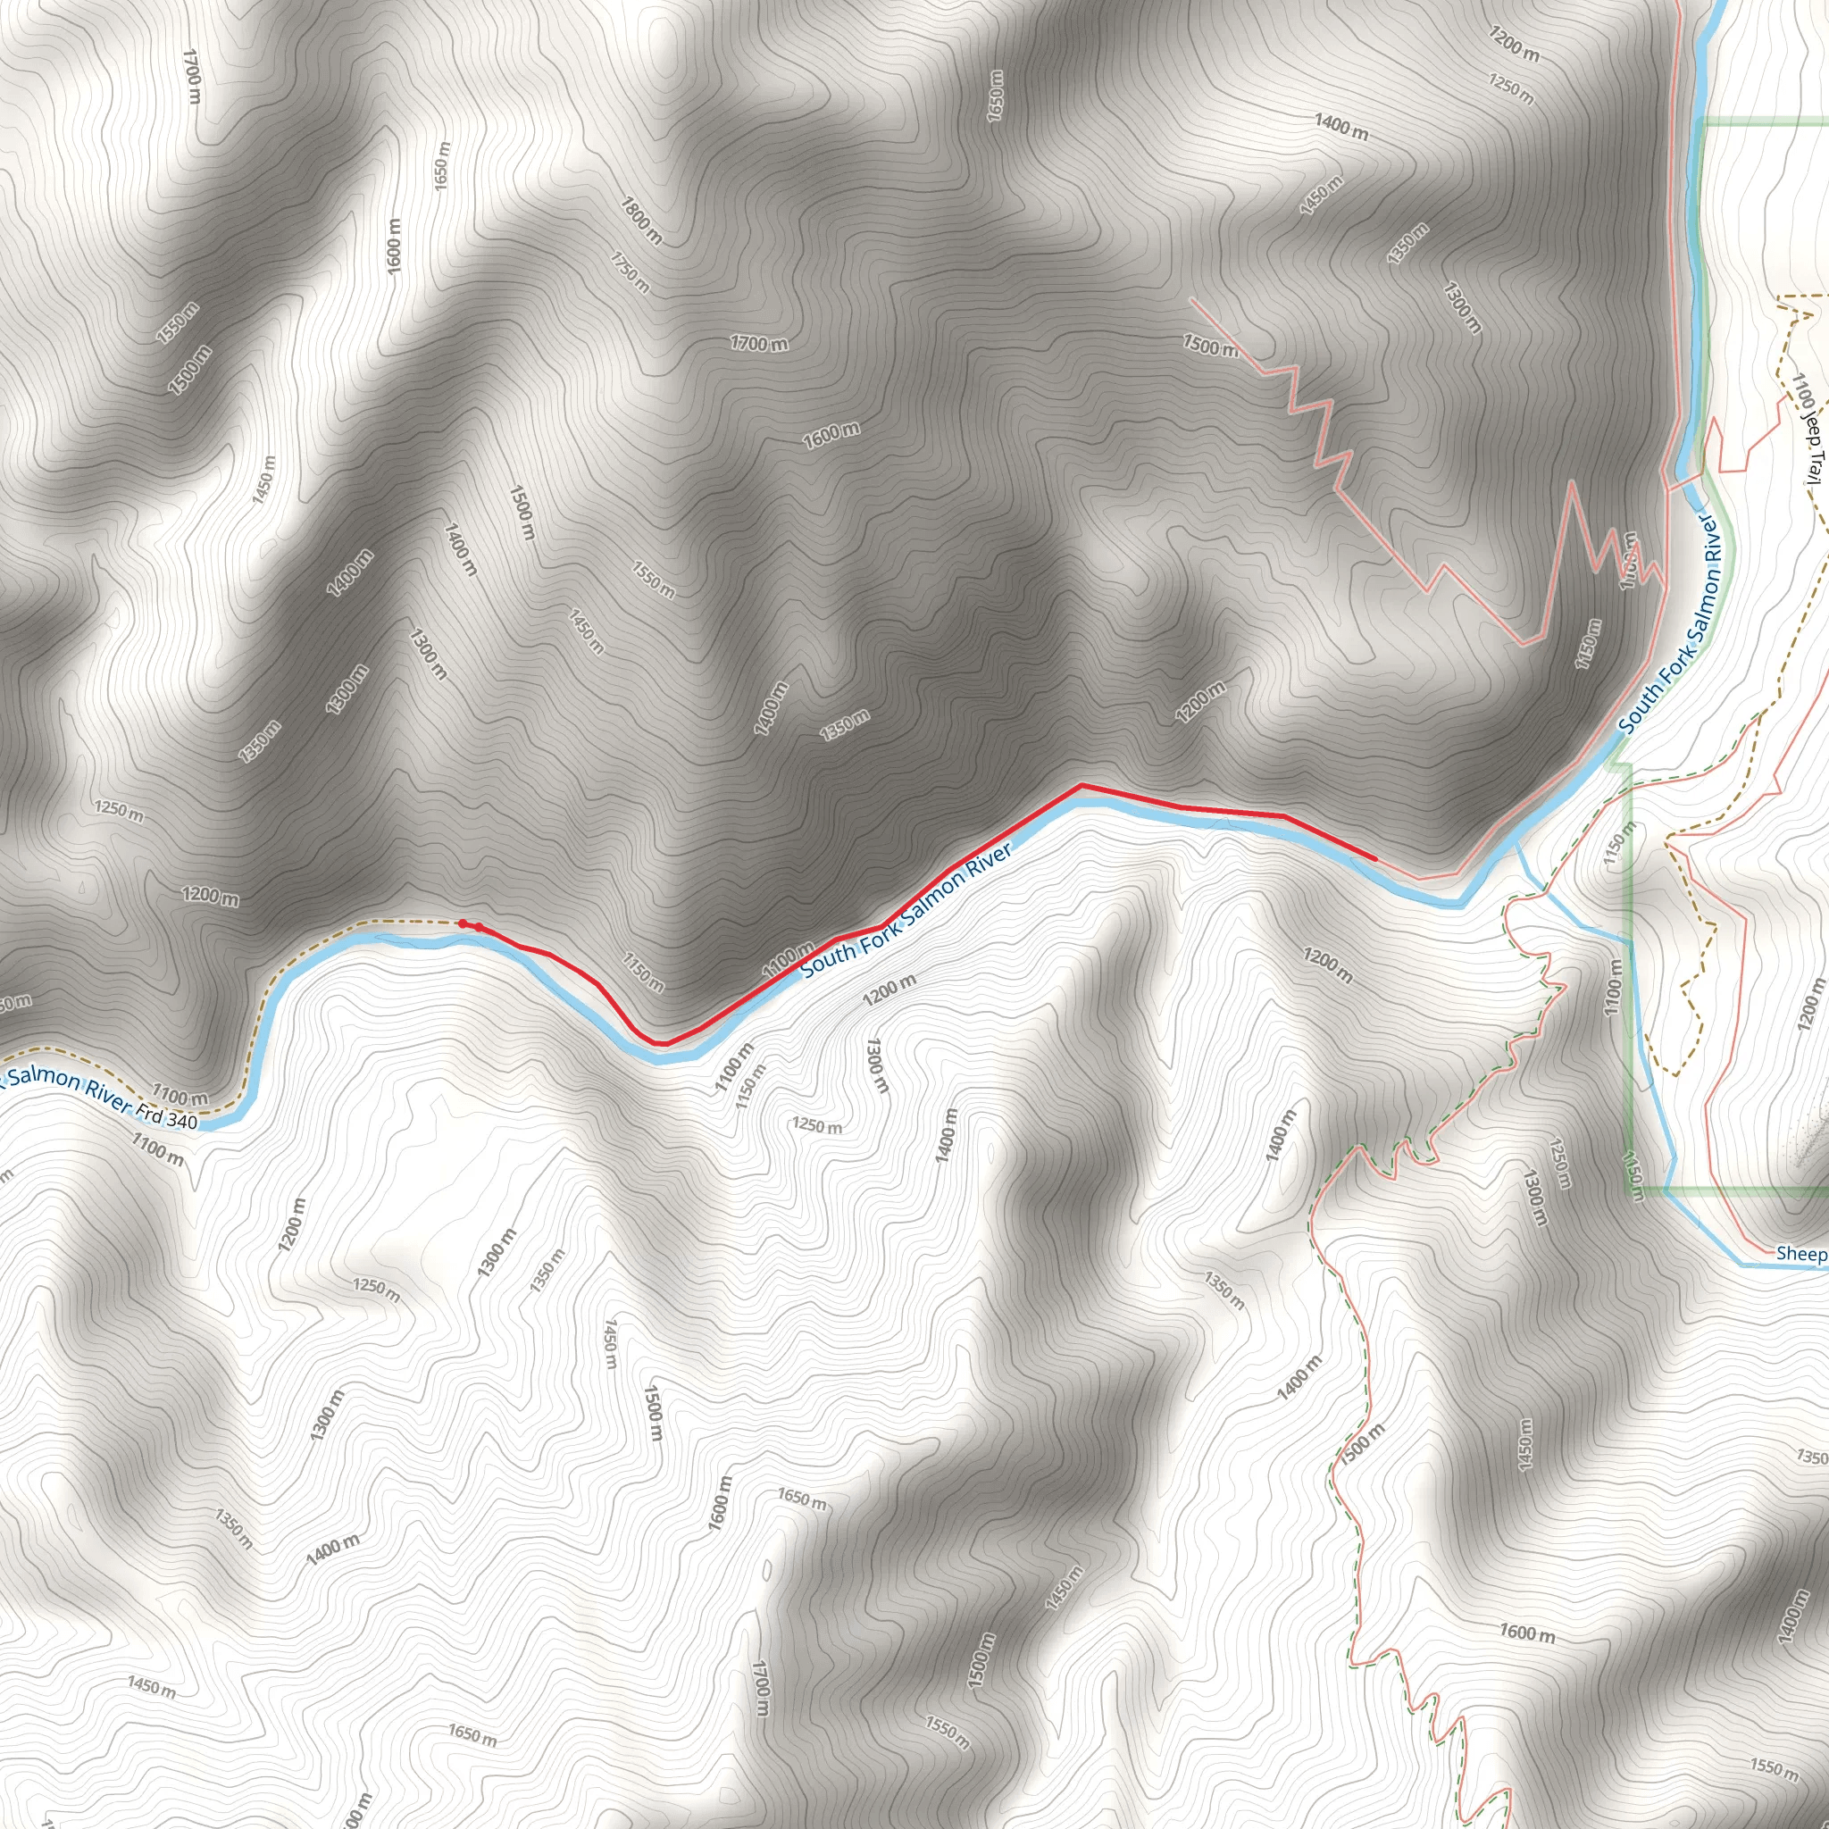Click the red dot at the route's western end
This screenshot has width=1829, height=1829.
[x=462, y=923]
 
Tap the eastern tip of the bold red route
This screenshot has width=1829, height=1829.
[x=1374, y=858]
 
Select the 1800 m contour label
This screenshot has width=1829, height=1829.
[x=641, y=220]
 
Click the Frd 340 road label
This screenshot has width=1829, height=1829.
[x=167, y=1118]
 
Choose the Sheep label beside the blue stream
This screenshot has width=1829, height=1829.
[x=1800, y=1253]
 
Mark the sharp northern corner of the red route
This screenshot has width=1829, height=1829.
[x=1082, y=785]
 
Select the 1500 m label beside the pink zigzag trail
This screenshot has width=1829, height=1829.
[x=1210, y=346]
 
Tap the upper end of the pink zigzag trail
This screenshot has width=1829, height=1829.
[x=1191, y=299]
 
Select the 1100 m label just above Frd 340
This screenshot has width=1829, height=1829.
[x=180, y=1098]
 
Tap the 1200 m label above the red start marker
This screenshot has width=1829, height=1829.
[x=210, y=896]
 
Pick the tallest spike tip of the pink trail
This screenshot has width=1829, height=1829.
[x=1572, y=482]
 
